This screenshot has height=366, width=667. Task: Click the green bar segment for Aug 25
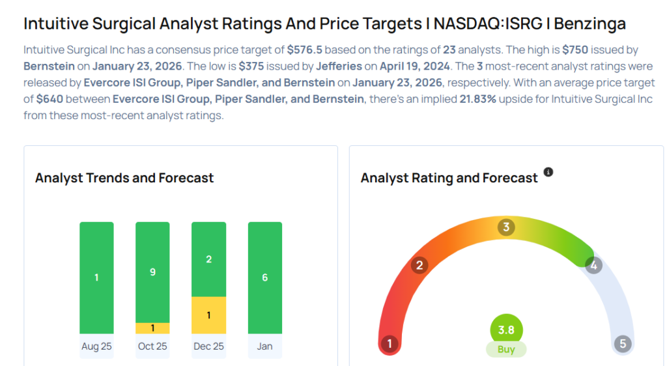[96, 277]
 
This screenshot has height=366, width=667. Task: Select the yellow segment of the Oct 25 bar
[152, 328]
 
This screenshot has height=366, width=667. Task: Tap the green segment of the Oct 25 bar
[152, 272]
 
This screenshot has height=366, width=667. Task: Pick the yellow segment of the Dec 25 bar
[208, 315]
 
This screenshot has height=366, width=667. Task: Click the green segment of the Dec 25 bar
[208, 259]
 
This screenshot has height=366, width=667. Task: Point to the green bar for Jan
[264, 277]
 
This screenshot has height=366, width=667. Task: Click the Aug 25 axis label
[96, 346]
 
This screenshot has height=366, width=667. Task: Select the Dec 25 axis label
[208, 346]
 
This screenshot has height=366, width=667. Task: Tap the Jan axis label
[264, 346]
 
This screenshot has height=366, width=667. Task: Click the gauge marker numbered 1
[390, 344]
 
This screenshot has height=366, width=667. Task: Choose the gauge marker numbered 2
[420, 265]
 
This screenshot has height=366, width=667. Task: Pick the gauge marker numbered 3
[506, 227]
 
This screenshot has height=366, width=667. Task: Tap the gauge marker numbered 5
[623, 344]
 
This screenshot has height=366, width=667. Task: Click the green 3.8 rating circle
[506, 330]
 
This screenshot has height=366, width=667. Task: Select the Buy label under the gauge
[506, 349]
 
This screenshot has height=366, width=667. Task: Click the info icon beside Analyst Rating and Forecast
[548, 173]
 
